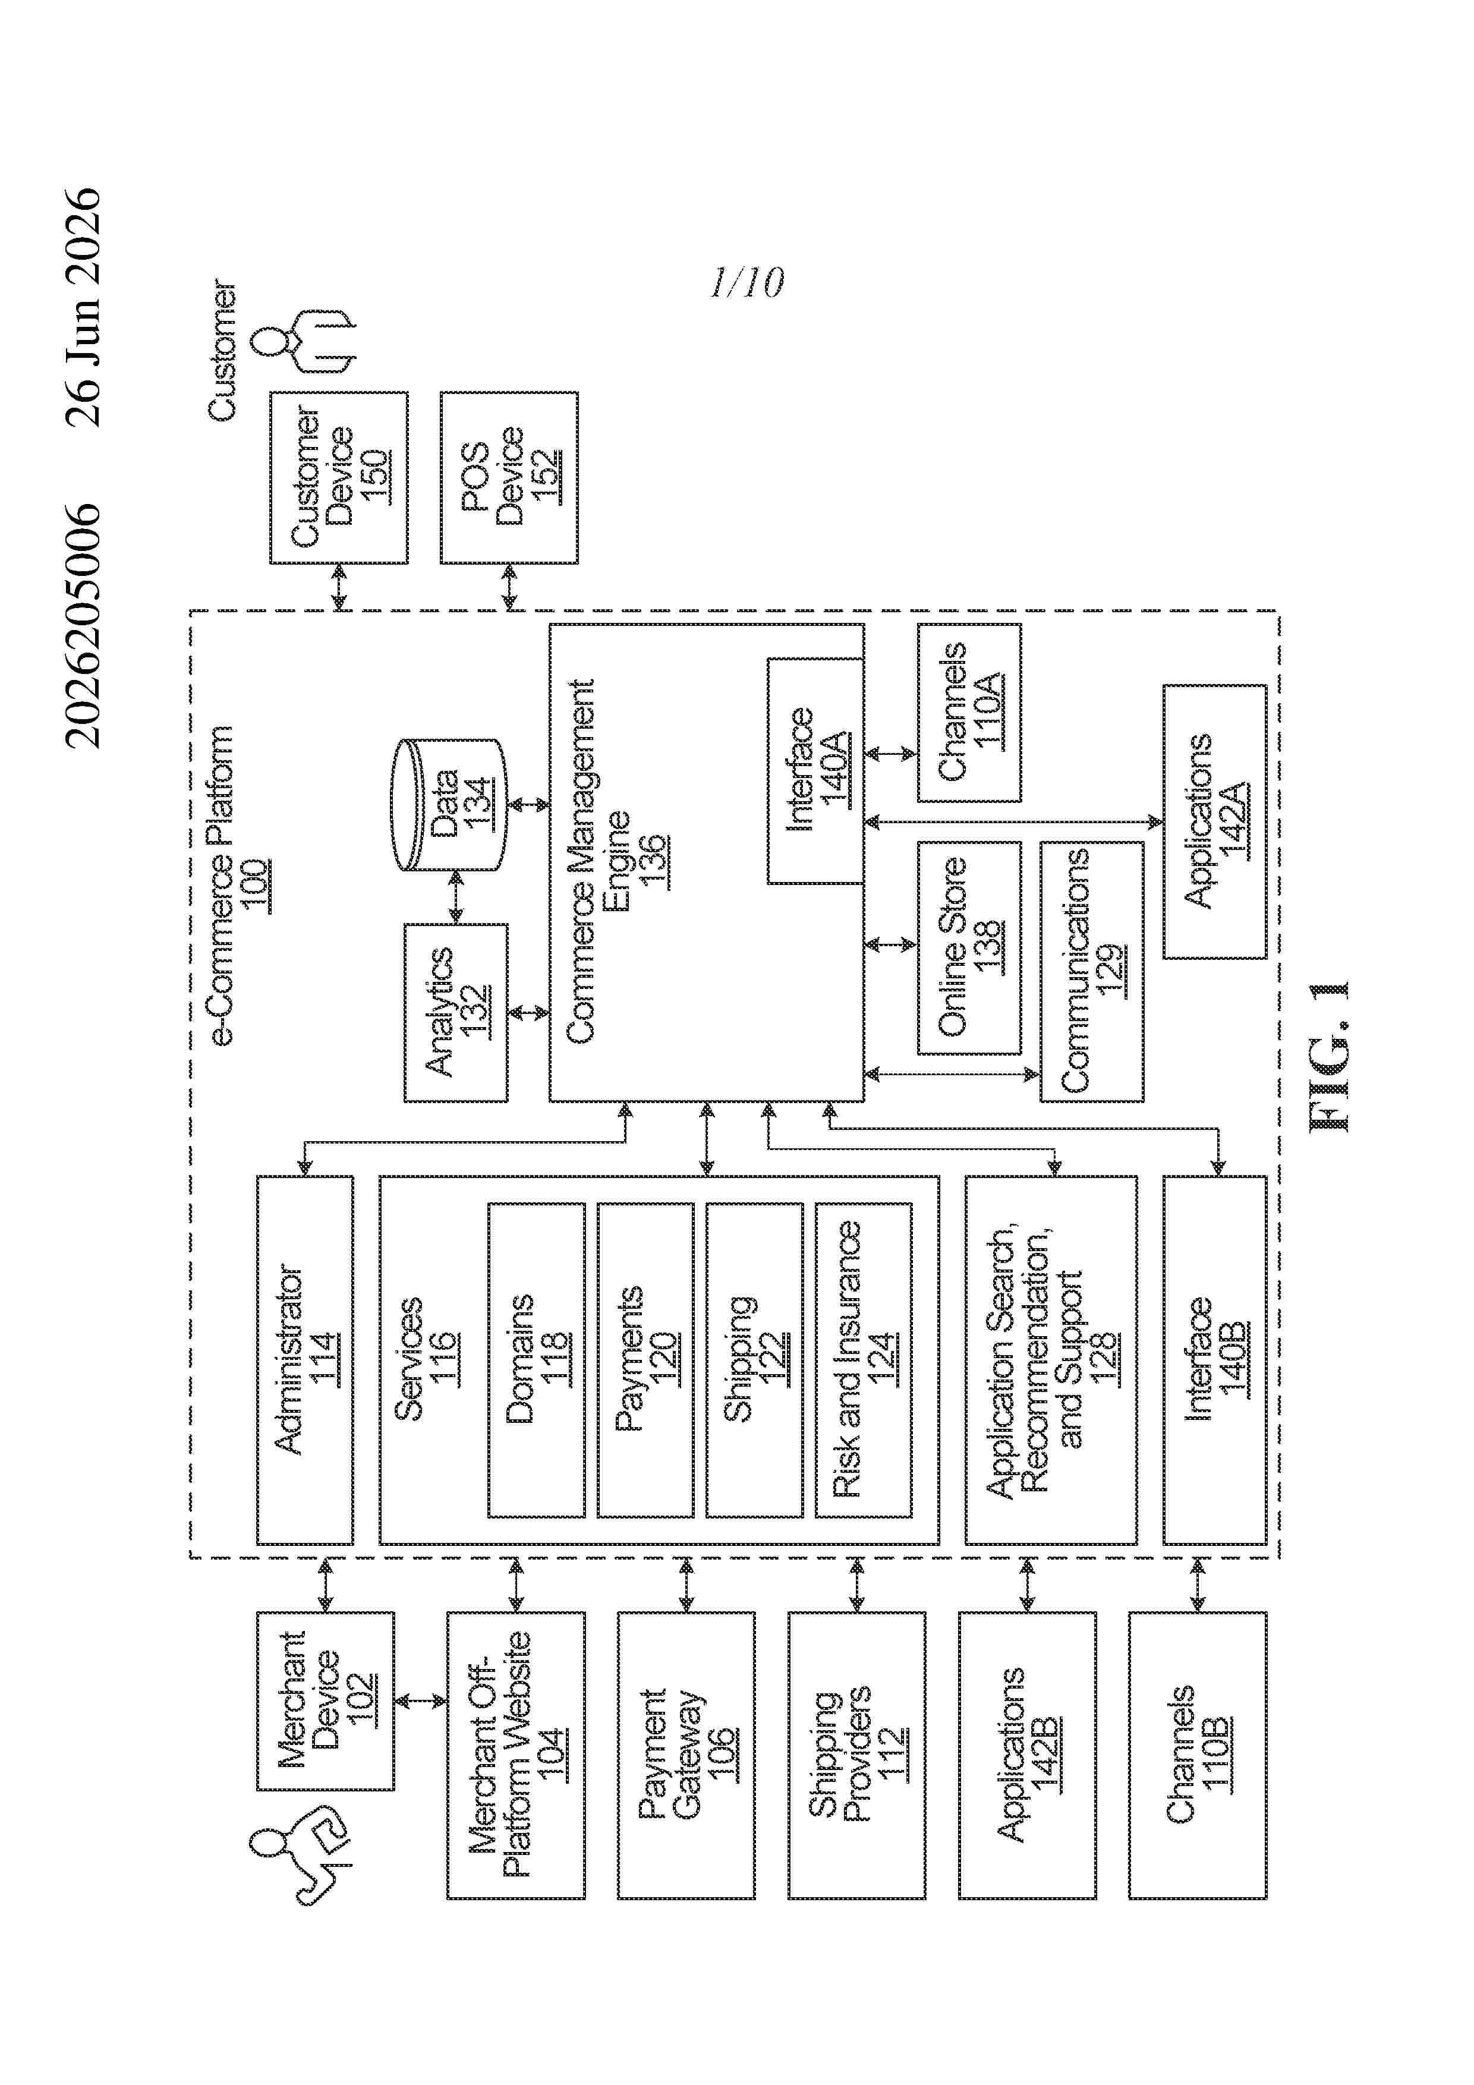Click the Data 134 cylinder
pyautogui.click(x=448, y=805)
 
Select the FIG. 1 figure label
pyautogui.click(x=1330, y=1056)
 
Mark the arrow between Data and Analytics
pyautogui.click(x=456, y=897)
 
